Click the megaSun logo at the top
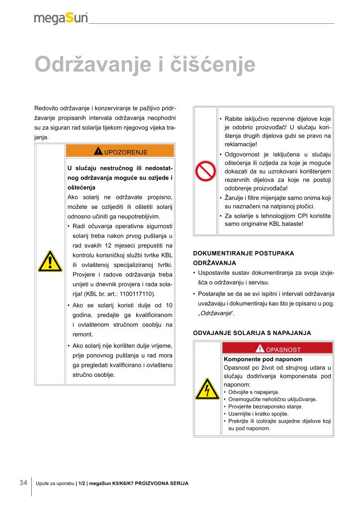[x=61, y=18]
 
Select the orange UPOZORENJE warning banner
[x=120, y=151]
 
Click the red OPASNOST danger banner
[x=278, y=349]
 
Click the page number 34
[x=23, y=483]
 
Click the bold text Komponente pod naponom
[x=263, y=358]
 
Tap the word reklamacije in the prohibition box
[x=241, y=144]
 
